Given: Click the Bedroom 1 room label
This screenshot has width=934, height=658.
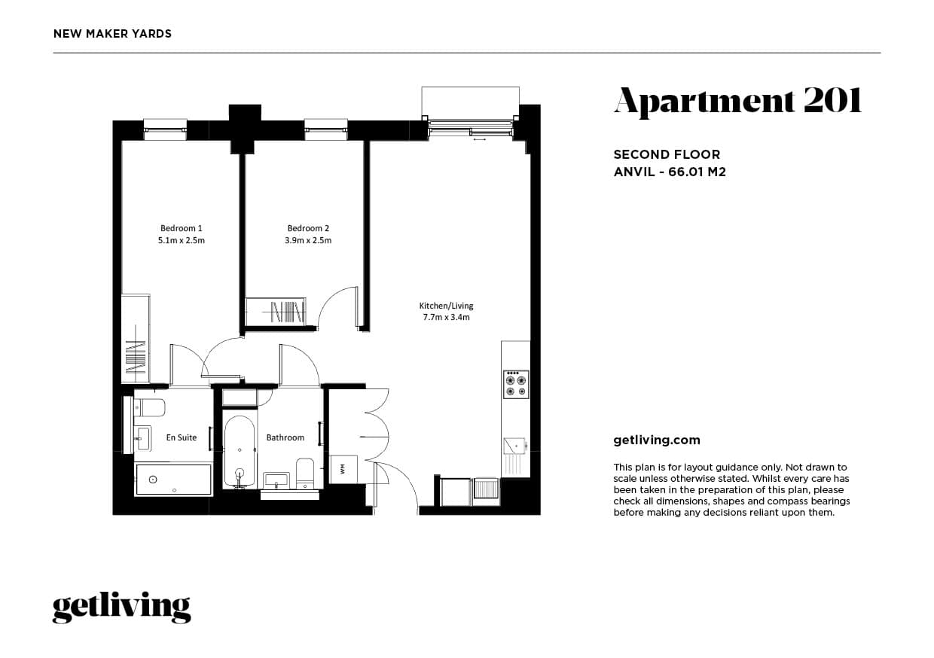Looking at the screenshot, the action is pos(182,228).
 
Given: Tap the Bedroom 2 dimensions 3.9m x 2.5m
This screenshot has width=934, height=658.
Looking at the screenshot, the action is pos(308,240).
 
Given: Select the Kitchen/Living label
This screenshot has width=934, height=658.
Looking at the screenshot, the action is pos(446,306).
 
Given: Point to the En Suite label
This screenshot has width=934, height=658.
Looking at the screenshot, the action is pos(182,437).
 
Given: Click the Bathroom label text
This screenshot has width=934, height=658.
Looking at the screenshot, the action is pos(285,437).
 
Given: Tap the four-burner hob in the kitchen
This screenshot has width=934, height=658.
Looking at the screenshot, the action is pos(516,385).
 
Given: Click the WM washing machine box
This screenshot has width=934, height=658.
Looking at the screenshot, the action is pos(343,470).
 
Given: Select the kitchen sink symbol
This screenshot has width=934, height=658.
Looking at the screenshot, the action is pos(515,446).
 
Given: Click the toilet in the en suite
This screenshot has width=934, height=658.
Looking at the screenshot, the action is pos(150,407).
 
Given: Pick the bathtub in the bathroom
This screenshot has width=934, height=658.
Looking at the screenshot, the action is pos(240,452).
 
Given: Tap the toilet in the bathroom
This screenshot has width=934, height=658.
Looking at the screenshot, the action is pos(305,474).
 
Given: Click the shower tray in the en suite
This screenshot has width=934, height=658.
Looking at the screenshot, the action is pos(173,480).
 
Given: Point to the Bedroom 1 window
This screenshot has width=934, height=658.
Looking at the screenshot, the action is pos(165,129).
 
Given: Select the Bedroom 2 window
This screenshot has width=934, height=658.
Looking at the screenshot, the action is pos(325,129).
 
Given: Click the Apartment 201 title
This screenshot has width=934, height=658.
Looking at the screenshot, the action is pos(737,102).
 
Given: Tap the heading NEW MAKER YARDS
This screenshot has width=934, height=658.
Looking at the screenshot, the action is pos(112,34).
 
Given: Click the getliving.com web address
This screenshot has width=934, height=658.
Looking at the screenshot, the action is pos(657,441).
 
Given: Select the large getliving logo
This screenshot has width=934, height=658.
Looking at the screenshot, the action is pos(122,608).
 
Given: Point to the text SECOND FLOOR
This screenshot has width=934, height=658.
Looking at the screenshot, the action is pos(667,155).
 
